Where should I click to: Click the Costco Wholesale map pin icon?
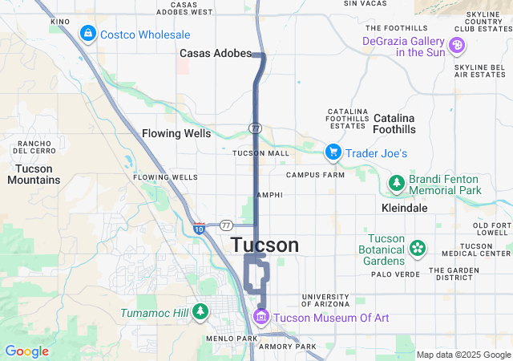[87, 34]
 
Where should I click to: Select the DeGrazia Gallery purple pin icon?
[456, 46]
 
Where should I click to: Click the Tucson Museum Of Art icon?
[260, 318]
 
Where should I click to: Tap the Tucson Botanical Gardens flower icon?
[417, 248]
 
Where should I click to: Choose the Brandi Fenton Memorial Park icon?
[396, 185]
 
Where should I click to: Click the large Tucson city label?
[265, 245]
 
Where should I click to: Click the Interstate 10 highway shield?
[198, 229]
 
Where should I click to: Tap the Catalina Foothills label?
[394, 128]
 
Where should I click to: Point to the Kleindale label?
[404, 208]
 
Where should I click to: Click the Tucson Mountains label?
[33, 174]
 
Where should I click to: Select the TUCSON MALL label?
[261, 152]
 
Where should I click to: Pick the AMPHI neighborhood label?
[269, 195]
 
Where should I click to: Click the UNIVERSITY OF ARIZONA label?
[325, 301]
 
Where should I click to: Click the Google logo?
[26, 351]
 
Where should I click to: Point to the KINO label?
[60, 21]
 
